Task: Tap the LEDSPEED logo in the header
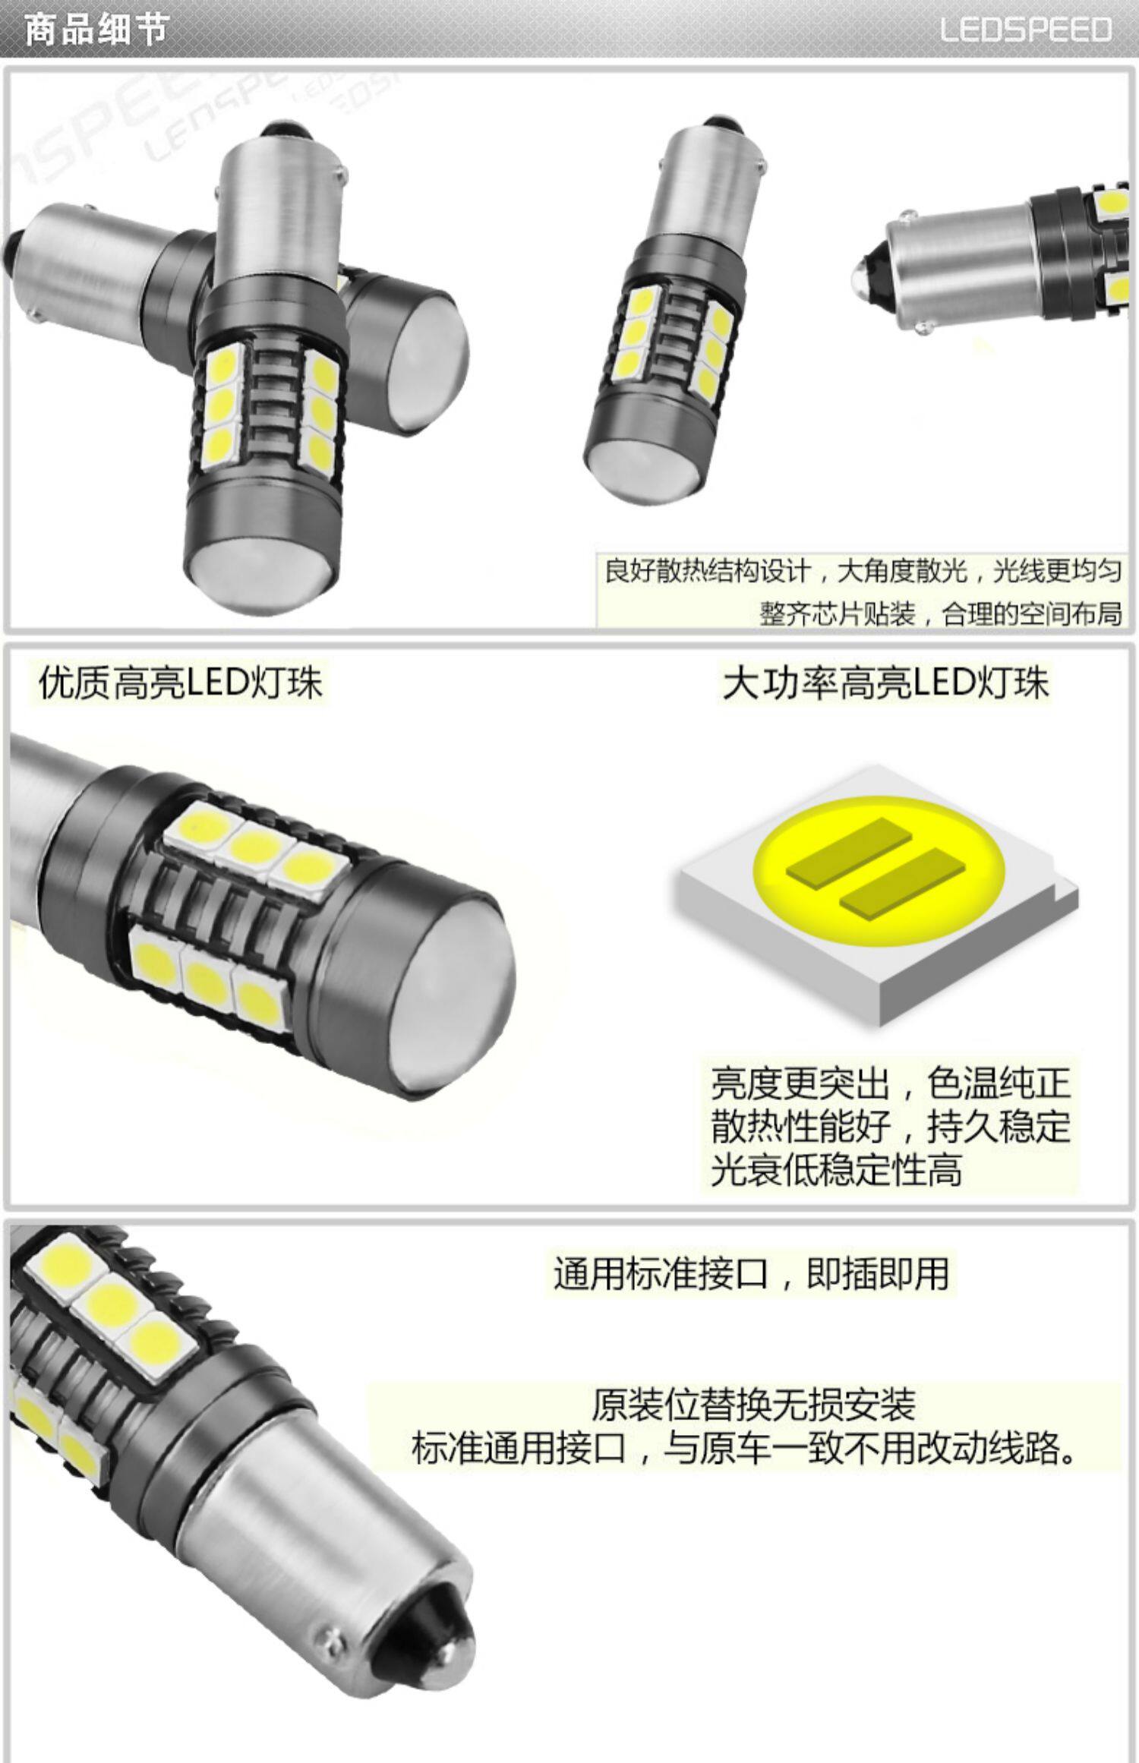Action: tap(1026, 30)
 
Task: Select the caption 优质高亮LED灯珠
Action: tap(181, 682)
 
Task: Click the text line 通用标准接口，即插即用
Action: tap(751, 1273)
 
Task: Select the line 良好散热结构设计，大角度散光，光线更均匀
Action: tap(863, 571)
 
